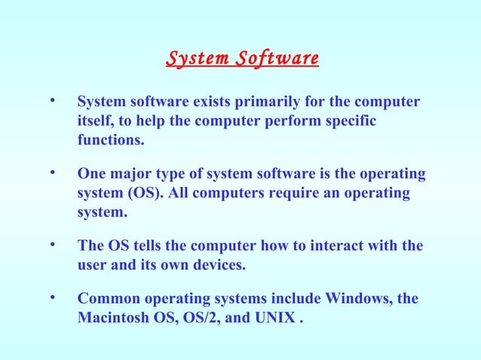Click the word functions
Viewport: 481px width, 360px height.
click(109, 140)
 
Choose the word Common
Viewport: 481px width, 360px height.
click(107, 299)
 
